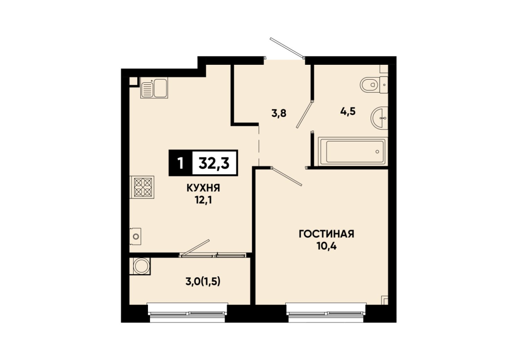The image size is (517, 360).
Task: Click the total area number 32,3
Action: point(214,163)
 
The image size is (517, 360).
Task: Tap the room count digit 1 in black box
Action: point(180,163)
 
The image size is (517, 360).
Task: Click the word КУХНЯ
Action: point(203,188)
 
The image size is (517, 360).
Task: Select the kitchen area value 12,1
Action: point(203,200)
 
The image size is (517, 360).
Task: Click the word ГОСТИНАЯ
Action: point(326,234)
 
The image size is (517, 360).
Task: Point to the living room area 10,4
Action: point(326,246)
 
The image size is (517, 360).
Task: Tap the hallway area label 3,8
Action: point(279,113)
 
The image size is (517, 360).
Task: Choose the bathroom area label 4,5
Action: point(348,111)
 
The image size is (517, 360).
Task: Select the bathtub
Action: point(353,152)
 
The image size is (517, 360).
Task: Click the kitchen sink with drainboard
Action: point(154,88)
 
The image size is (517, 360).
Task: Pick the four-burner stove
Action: point(142,187)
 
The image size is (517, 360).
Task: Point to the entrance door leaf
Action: point(287,48)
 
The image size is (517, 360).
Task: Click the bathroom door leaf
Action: point(304,115)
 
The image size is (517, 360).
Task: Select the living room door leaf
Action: point(287,176)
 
